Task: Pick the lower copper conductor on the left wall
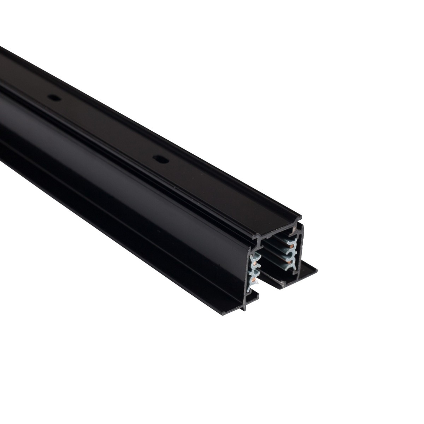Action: click(x=253, y=280)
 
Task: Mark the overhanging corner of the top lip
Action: click(x=301, y=216)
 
